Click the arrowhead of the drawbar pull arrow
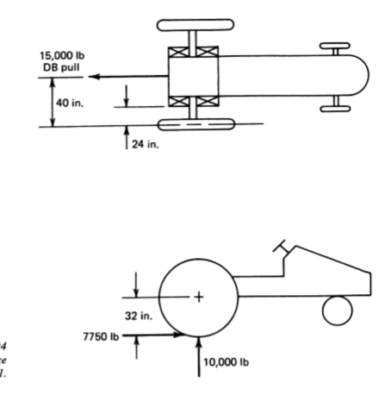click(94, 77)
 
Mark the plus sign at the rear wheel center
click(199, 298)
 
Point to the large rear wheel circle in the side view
click(199, 298)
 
